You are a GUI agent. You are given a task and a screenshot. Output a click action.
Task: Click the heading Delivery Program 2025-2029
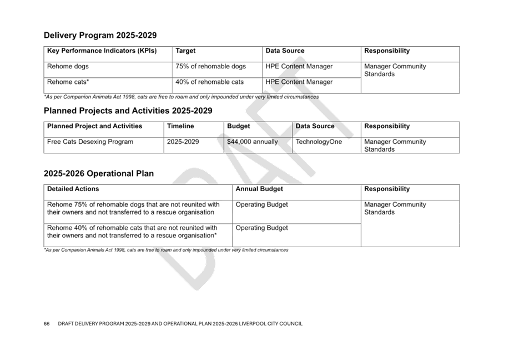(100, 36)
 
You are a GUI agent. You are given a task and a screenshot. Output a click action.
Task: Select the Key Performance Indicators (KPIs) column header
(102, 51)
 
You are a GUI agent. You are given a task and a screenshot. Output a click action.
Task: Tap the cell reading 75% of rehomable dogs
(211, 66)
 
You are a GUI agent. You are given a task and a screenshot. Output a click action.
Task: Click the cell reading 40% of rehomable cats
(209, 82)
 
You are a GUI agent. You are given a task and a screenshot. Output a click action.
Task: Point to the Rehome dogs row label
(68, 66)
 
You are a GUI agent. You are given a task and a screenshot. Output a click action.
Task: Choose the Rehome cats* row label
(68, 82)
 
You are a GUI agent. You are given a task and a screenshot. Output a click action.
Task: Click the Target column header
(185, 51)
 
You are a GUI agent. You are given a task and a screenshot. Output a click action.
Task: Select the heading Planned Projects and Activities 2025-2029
(128, 111)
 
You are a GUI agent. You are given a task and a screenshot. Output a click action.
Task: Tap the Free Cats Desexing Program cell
(90, 142)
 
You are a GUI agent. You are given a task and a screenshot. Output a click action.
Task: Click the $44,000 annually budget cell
(253, 142)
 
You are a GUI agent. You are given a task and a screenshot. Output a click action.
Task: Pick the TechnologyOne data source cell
(319, 142)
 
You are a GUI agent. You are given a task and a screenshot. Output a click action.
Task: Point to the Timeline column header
(180, 126)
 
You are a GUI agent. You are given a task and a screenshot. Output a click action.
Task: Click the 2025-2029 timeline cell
(183, 142)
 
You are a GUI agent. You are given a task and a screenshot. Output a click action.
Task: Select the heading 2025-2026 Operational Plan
(99, 173)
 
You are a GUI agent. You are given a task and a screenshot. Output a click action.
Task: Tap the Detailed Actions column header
(73, 189)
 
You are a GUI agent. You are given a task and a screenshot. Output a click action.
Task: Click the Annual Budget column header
(259, 189)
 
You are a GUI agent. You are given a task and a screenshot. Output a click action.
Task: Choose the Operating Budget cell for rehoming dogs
(261, 204)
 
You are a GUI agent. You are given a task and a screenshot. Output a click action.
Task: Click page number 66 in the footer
(47, 323)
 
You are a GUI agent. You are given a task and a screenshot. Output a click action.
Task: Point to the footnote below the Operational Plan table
(166, 250)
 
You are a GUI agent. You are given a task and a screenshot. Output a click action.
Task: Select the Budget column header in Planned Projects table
(238, 126)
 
